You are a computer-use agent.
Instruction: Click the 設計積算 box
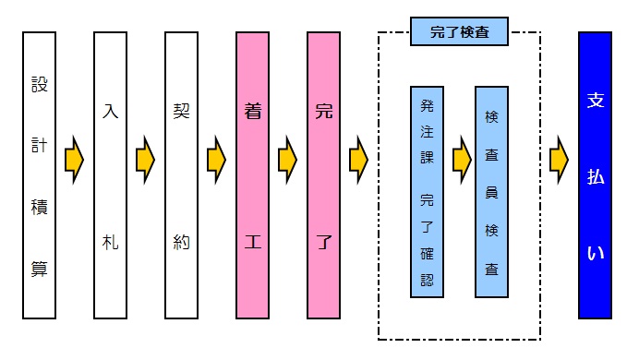tap(40, 175)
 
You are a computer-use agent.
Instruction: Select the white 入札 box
tap(111, 175)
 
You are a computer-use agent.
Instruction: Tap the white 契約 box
tap(181, 175)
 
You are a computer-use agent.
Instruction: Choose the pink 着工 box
tap(252, 175)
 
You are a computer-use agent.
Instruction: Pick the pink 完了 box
tap(323, 175)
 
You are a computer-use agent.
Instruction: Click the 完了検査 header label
tap(459, 32)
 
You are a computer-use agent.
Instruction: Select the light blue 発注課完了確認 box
tap(427, 192)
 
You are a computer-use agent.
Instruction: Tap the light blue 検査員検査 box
tap(491, 192)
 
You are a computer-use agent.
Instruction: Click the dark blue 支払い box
tap(595, 175)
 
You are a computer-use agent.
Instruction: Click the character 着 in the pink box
tap(252, 112)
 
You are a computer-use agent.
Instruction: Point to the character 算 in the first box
tap(40, 269)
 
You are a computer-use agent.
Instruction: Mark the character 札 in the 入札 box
tap(111, 243)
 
